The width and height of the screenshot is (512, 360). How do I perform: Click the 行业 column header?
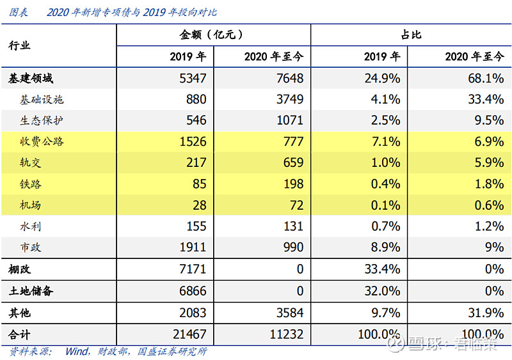[19, 45]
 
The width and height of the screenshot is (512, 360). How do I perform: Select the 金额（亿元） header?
[211, 35]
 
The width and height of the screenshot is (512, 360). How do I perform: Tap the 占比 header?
[411, 35]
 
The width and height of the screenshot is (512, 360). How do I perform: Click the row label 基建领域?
[30, 79]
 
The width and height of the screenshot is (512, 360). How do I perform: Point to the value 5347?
[193, 79]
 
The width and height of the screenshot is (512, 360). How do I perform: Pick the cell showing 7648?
[290, 79]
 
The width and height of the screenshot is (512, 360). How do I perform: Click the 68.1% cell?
[486, 79]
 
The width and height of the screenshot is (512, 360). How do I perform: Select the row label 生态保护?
[42, 120]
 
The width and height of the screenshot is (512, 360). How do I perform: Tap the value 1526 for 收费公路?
[193, 142]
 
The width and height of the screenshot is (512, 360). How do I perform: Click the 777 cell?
[293, 142]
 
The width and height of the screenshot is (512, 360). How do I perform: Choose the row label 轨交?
[30, 162]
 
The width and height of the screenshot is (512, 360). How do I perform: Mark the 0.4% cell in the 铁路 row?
[385, 184]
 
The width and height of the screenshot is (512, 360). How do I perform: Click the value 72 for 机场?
[296, 205]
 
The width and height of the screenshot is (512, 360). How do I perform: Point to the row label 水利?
[30, 226]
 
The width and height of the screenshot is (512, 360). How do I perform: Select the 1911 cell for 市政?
[193, 247]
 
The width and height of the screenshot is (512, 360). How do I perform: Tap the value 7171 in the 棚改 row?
[193, 269]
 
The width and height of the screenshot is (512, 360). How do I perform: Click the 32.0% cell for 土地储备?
[382, 291]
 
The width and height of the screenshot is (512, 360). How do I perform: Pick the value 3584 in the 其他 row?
[290, 313]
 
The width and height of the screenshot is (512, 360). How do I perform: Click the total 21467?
[189, 334]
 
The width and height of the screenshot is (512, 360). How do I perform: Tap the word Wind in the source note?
[77, 352]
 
